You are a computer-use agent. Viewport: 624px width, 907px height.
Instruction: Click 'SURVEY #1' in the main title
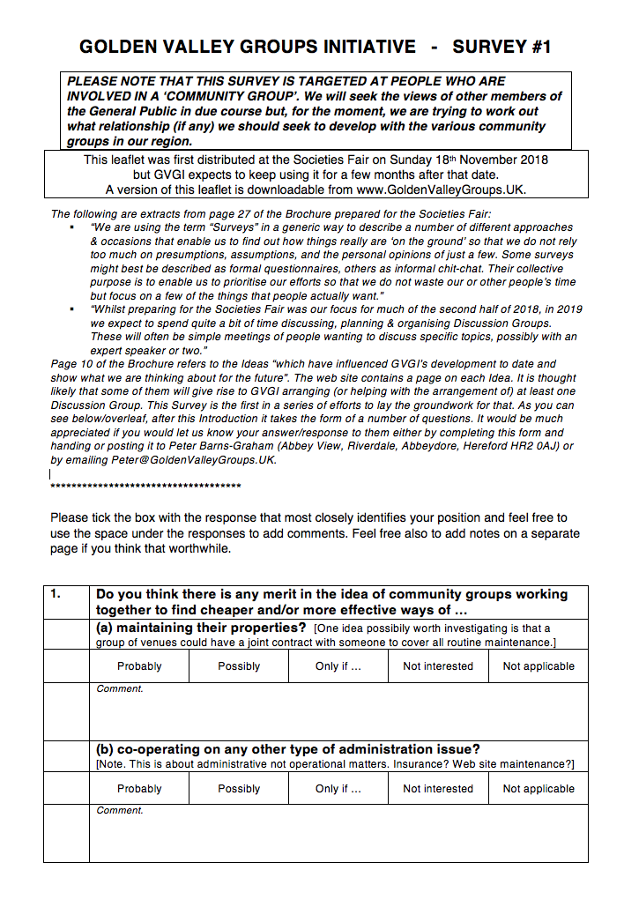pyautogui.click(x=501, y=47)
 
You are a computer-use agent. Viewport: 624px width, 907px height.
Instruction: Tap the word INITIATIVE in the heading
pyautogui.click(x=359, y=47)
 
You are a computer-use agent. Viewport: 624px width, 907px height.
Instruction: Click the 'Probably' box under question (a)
pyautogui.click(x=139, y=666)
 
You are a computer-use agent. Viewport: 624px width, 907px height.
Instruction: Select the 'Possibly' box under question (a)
pyautogui.click(x=239, y=666)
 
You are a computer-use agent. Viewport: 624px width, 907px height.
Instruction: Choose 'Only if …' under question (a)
pyautogui.click(x=338, y=666)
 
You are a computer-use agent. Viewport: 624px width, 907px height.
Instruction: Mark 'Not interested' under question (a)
pyautogui.click(x=438, y=666)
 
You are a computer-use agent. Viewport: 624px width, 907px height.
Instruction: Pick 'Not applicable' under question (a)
pyautogui.click(x=539, y=666)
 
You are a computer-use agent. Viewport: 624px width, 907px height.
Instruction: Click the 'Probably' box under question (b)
pyautogui.click(x=139, y=789)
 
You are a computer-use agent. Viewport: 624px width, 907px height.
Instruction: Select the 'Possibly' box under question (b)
pyautogui.click(x=239, y=789)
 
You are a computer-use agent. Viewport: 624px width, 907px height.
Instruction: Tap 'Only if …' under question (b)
pyautogui.click(x=338, y=789)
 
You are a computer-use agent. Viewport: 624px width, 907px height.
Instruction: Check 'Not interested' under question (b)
pyautogui.click(x=438, y=789)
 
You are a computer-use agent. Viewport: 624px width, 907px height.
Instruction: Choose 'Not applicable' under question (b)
pyautogui.click(x=539, y=789)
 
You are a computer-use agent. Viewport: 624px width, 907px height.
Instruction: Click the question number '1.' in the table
pyautogui.click(x=56, y=594)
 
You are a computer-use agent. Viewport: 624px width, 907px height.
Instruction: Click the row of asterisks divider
pyautogui.click(x=145, y=487)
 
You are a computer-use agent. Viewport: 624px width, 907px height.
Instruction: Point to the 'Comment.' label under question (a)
pyautogui.click(x=119, y=688)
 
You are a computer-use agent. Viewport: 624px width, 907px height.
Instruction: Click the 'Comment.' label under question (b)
pyautogui.click(x=119, y=810)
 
